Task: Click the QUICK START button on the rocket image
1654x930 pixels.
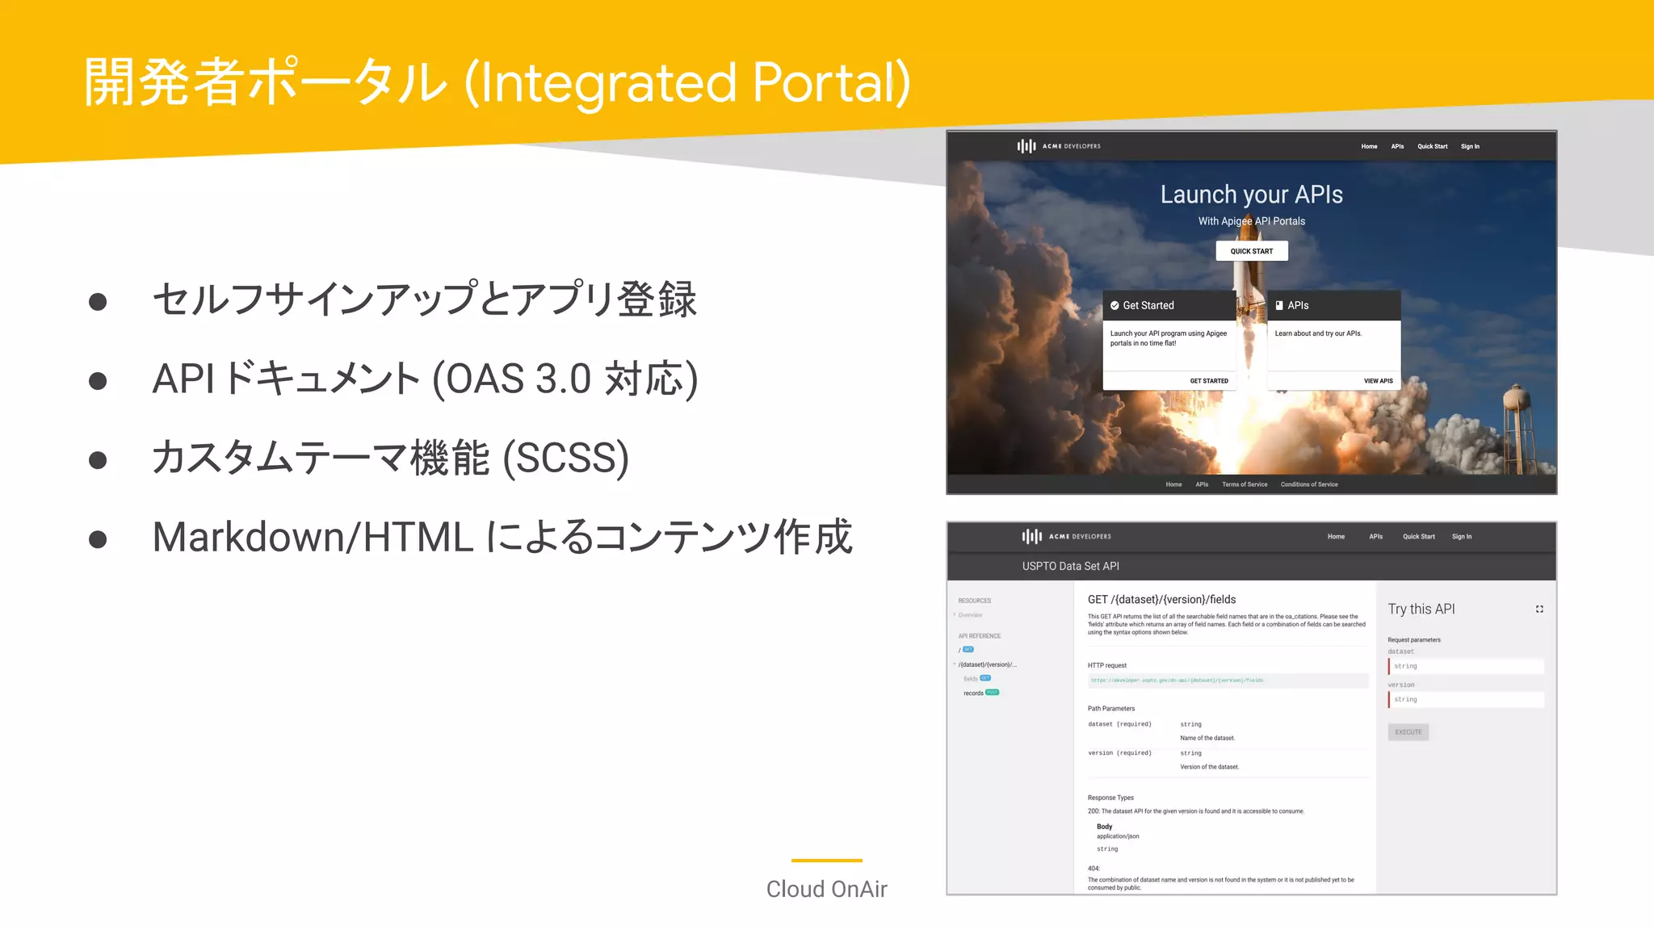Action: [x=1251, y=251]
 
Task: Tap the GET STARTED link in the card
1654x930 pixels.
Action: [x=1208, y=381]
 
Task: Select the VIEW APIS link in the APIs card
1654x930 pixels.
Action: [x=1378, y=381]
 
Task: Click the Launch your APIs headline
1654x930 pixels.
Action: [x=1251, y=195]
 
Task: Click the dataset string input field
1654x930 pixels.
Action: [x=1466, y=666]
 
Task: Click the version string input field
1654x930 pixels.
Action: [x=1466, y=699]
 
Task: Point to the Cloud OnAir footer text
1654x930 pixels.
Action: [x=826, y=889]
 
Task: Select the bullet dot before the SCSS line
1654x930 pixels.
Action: [x=98, y=460]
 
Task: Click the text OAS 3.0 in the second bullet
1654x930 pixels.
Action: [x=517, y=379]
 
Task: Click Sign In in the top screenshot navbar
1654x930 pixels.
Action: [x=1470, y=147]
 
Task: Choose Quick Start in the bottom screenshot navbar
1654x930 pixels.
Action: [x=1418, y=537]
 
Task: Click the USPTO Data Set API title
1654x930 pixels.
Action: [x=1070, y=566]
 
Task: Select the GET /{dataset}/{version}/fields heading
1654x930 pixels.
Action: [x=1161, y=599]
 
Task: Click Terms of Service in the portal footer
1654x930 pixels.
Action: [x=1244, y=484]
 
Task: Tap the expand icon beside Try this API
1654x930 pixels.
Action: [x=1539, y=610]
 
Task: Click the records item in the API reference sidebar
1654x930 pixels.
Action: [x=973, y=693]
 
